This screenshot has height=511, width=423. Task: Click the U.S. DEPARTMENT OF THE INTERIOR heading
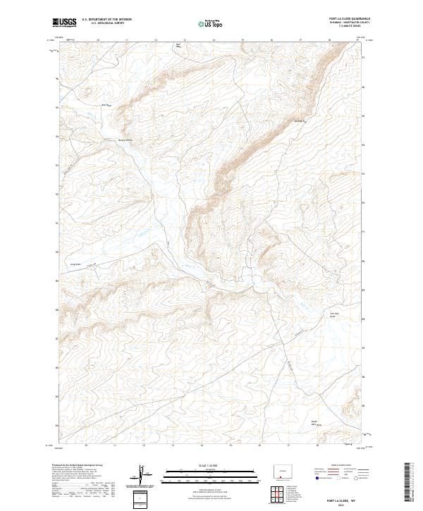point(106,20)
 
